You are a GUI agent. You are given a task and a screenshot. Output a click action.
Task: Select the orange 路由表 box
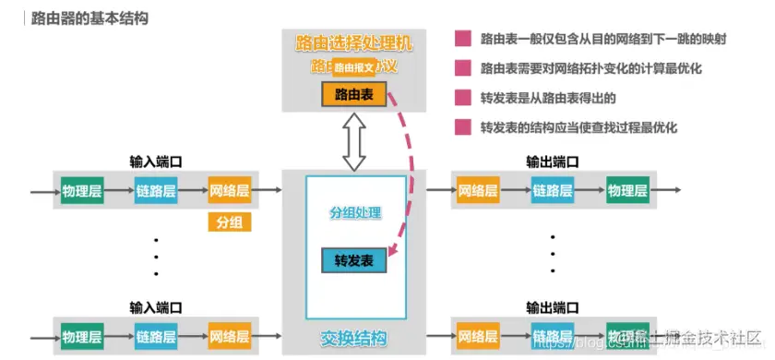(x=354, y=94)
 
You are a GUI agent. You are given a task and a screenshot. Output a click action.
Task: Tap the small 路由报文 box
(x=354, y=67)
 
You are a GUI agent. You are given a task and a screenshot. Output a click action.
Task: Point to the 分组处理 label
(x=355, y=212)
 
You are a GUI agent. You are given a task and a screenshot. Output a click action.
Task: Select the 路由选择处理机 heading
(x=355, y=42)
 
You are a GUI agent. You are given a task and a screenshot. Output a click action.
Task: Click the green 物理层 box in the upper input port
(x=82, y=192)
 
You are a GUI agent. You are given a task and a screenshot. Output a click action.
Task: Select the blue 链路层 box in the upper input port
(x=156, y=192)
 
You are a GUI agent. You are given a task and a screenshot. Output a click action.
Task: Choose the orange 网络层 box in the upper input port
(x=230, y=192)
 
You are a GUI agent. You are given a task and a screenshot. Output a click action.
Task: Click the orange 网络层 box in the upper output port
(x=478, y=192)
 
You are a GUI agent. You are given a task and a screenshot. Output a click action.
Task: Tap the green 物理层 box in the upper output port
(x=627, y=192)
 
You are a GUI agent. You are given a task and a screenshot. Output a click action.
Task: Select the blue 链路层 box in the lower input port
(x=156, y=335)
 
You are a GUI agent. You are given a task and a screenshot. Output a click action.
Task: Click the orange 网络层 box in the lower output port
(x=478, y=335)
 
